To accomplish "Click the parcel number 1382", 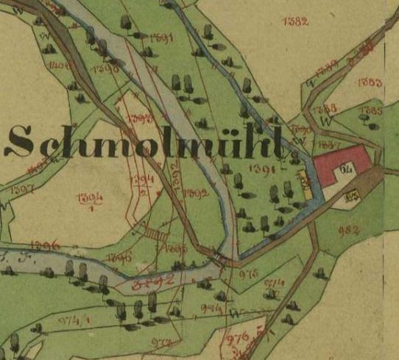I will click(x=294, y=21).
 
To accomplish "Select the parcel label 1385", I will click(x=371, y=111).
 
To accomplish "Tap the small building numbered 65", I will click(x=352, y=195).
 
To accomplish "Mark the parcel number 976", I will click(x=237, y=338).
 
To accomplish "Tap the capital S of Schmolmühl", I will click(x=20, y=142).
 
